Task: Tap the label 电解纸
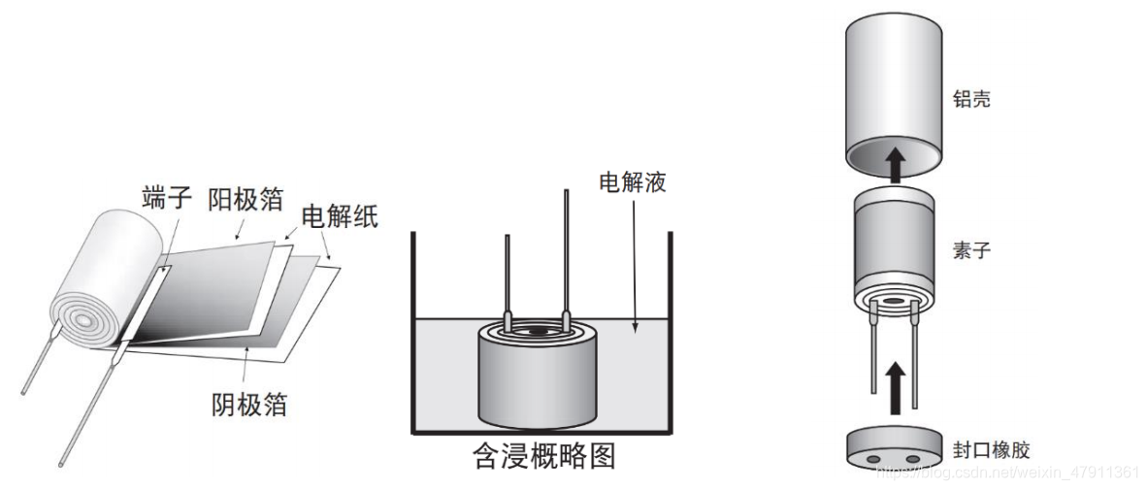(x=339, y=216)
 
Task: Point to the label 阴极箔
(x=249, y=403)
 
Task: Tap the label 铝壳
(x=971, y=99)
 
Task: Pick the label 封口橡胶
(x=991, y=450)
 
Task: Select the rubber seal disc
(x=892, y=449)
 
